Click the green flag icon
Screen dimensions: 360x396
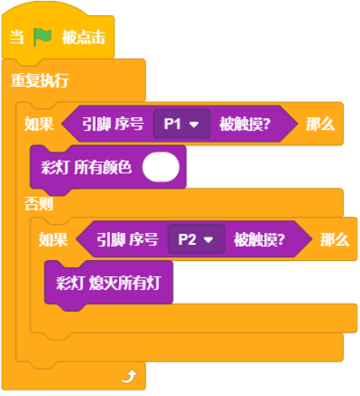point(43,37)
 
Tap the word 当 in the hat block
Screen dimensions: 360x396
point(17,37)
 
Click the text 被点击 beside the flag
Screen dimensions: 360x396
point(84,37)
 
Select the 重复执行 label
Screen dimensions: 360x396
point(40,80)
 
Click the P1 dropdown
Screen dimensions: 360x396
point(182,124)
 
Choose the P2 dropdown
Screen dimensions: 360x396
point(196,239)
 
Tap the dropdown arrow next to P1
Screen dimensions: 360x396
point(194,125)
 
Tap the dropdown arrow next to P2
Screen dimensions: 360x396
point(208,239)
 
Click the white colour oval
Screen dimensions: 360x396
point(161,167)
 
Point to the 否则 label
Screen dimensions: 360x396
point(39,203)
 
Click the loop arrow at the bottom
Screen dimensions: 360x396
point(129,377)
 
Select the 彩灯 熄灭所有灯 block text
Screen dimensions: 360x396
point(108,283)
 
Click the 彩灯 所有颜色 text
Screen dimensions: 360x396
point(87,167)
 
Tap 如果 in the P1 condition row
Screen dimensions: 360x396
point(39,124)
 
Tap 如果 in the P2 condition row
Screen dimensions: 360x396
point(53,239)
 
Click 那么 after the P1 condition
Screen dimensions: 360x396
point(321,124)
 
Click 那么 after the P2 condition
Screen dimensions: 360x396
point(335,239)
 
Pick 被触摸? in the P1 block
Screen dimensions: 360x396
point(245,125)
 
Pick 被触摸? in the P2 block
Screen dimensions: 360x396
point(260,239)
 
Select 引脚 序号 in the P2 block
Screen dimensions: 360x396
point(128,239)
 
